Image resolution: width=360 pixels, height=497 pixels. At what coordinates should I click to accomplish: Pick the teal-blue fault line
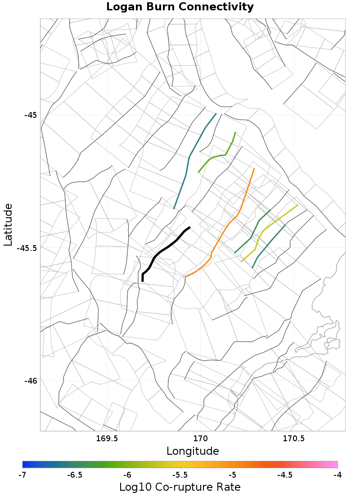(x=189, y=157)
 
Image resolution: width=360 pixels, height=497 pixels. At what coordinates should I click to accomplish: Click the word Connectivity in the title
(x=218, y=7)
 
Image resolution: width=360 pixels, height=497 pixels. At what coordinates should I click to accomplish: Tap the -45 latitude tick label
(x=30, y=115)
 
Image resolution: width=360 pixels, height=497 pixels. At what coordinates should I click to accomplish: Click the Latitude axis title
(x=8, y=224)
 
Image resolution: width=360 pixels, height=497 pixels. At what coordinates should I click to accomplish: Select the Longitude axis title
(x=193, y=451)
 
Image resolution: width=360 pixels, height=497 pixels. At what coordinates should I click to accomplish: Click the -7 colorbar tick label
(x=22, y=475)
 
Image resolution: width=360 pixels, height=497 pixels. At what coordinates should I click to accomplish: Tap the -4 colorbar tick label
(x=337, y=475)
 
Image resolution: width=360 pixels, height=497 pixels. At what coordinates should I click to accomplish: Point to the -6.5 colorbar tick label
(x=75, y=475)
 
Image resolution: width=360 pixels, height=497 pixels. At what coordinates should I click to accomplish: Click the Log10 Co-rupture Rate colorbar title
(x=180, y=487)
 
